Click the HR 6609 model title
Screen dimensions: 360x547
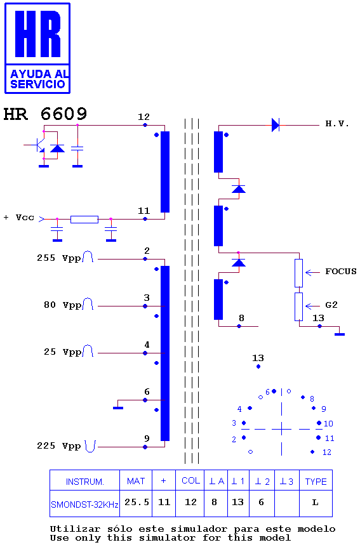(x=45, y=114)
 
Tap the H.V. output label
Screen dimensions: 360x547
(x=337, y=124)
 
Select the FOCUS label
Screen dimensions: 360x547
(x=341, y=272)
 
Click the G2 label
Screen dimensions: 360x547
(x=331, y=305)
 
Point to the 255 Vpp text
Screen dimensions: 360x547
(x=58, y=258)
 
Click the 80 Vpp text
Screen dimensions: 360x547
(x=62, y=305)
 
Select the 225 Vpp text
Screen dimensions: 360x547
(x=58, y=446)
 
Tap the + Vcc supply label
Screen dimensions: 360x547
(x=19, y=218)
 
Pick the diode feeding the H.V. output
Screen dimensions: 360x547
(x=276, y=124)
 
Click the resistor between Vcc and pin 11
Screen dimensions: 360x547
(x=84, y=220)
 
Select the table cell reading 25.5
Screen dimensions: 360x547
(x=136, y=503)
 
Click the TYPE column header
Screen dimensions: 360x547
(x=316, y=482)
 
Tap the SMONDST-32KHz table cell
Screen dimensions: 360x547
(x=85, y=504)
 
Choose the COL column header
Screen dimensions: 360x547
(x=190, y=481)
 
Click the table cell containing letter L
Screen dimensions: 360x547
(x=316, y=503)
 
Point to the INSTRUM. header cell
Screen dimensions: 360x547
(x=85, y=482)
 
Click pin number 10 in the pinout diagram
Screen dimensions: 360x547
(x=328, y=423)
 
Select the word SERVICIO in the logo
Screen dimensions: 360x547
(x=37, y=84)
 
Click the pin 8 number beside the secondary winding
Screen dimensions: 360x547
(x=241, y=318)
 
